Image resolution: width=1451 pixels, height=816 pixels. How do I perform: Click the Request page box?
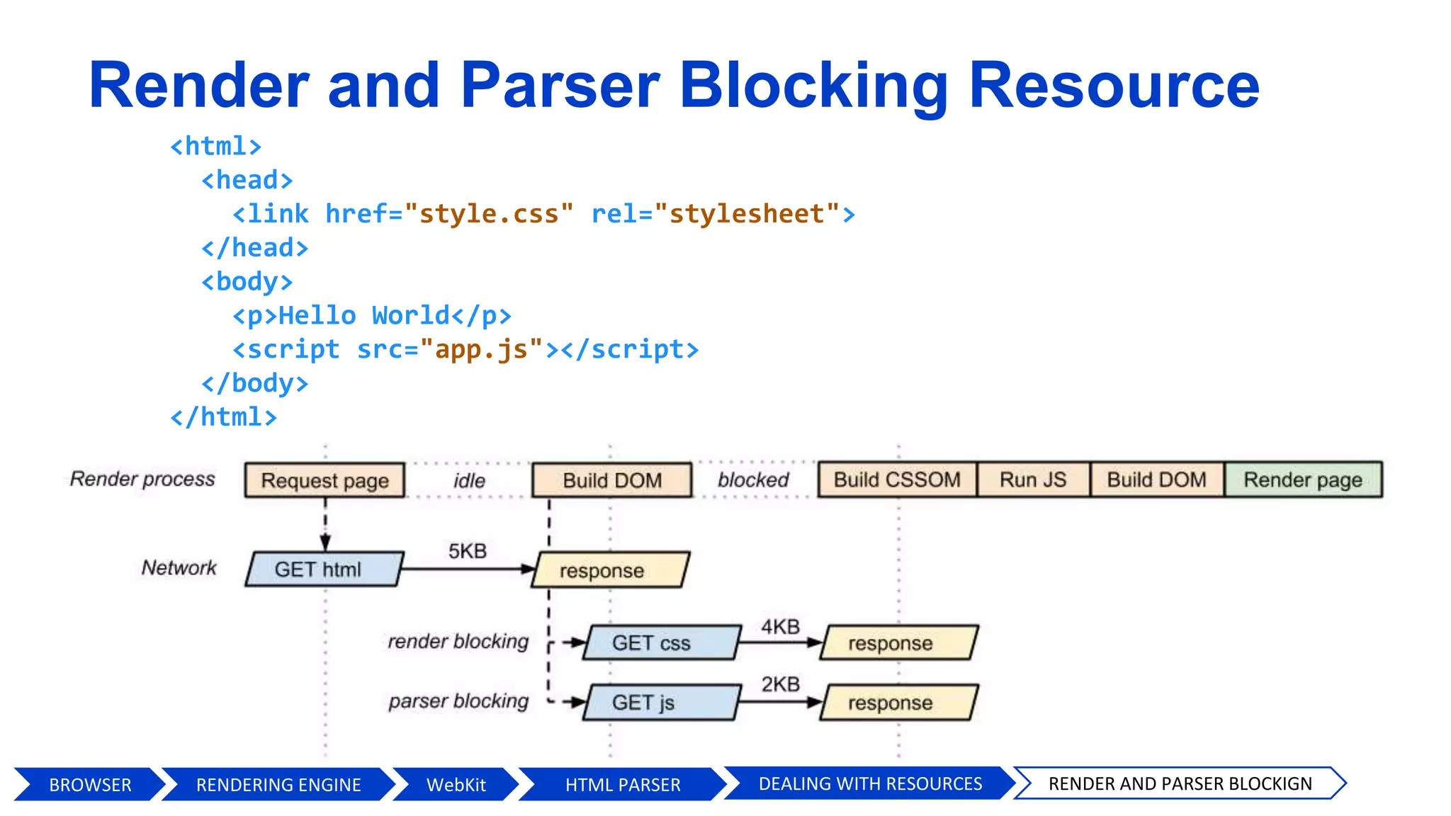pos(324,480)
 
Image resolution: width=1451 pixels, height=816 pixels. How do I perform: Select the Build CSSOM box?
pos(897,480)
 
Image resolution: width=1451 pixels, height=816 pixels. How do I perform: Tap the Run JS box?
pos(1032,480)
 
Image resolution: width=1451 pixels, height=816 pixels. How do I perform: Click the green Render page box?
pos(1302,480)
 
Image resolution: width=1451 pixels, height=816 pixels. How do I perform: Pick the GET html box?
pos(324,569)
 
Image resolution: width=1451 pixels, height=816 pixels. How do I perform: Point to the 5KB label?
pos(467,551)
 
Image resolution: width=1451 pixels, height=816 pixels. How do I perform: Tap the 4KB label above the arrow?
pos(780,626)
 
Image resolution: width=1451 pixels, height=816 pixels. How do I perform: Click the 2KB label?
pos(780,684)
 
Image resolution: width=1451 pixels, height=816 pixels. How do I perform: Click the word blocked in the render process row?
pos(752,480)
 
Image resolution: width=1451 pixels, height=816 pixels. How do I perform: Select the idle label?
pos(469,481)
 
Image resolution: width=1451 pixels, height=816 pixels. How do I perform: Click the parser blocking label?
pos(458,701)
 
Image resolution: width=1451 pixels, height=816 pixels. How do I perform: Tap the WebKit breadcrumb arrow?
pos(456,785)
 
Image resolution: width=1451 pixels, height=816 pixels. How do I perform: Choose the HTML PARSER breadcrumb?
pos(622,785)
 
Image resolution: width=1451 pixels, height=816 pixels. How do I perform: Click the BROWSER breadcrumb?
pos(90,785)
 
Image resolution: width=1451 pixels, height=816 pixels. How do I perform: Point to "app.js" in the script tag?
pos(481,349)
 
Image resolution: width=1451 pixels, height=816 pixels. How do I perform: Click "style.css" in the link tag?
pos(489,214)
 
